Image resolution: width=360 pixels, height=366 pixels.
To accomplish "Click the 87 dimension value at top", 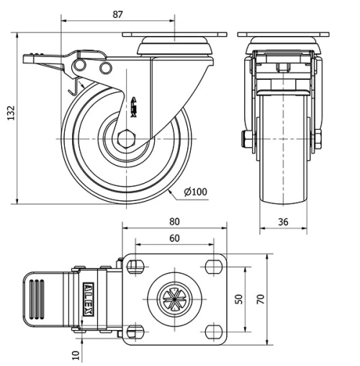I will pyautogui.click(x=119, y=13).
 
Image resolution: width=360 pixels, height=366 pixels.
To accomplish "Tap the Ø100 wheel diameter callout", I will pyautogui.click(x=196, y=192).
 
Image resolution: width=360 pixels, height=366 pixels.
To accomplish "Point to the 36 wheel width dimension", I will pyautogui.click(x=284, y=223).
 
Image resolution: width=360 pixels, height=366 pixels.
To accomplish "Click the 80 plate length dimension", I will pyautogui.click(x=175, y=221).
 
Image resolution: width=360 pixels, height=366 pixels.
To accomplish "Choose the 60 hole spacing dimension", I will pyautogui.click(x=175, y=238).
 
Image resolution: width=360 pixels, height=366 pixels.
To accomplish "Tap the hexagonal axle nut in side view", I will pyautogui.click(x=127, y=138).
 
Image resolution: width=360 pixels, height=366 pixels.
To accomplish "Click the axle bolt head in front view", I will pyautogui.click(x=247, y=137).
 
